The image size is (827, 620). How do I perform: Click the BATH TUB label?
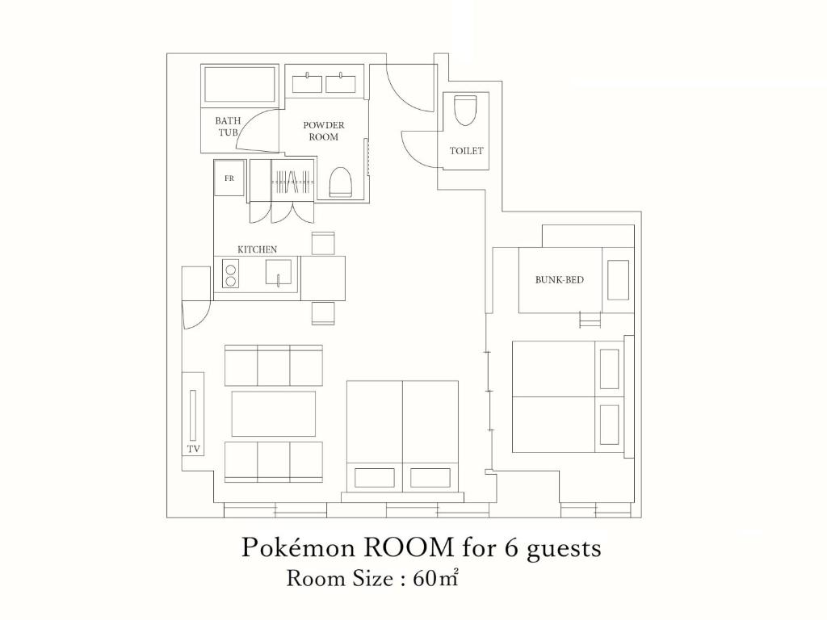click(x=227, y=127)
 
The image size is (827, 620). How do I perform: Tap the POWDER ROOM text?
click(x=323, y=131)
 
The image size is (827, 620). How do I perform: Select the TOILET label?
click(x=466, y=151)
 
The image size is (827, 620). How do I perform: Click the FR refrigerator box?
click(x=229, y=178)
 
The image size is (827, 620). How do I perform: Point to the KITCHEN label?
click(x=257, y=249)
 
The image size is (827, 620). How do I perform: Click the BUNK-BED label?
click(x=560, y=279)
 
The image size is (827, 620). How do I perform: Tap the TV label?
click(x=194, y=449)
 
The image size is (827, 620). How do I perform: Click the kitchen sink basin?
click(x=278, y=272)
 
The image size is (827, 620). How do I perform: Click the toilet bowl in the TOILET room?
click(x=464, y=110)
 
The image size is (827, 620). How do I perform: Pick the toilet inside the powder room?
click(x=340, y=182)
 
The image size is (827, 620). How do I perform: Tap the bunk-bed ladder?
click(x=590, y=320)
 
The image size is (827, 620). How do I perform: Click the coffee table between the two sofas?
click(x=274, y=413)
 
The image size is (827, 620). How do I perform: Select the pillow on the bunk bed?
click(x=618, y=279)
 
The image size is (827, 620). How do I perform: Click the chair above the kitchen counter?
click(x=323, y=243)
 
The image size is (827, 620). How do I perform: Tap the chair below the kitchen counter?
click(x=323, y=313)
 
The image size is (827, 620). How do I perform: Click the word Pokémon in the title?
click(x=298, y=548)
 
